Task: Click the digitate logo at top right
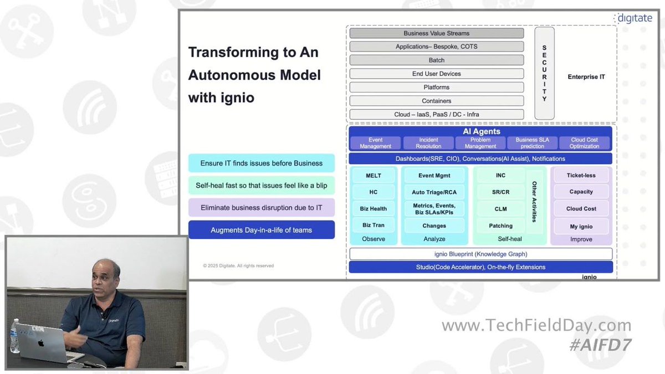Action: (635, 18)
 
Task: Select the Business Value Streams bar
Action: (436, 33)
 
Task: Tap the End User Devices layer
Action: (436, 74)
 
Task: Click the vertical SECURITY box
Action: (544, 73)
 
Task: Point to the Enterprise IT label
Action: (586, 77)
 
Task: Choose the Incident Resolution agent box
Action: (428, 143)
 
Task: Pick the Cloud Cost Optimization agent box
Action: (584, 143)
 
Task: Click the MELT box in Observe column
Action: (374, 176)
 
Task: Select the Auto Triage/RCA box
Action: (434, 192)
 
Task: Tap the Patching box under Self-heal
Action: (500, 226)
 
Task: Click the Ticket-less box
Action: (581, 176)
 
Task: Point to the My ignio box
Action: (581, 226)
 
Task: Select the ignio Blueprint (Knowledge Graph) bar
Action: (480, 254)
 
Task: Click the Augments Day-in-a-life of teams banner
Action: (262, 230)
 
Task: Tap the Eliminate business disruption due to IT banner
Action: (262, 208)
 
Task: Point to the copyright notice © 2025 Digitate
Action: (238, 266)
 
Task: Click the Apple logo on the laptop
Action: (41, 344)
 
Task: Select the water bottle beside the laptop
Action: (14, 337)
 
